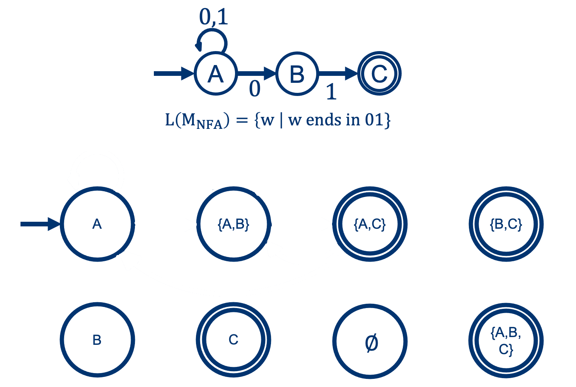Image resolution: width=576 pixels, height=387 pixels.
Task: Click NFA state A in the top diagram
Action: point(215,74)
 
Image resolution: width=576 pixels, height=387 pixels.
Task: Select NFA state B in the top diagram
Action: point(297,74)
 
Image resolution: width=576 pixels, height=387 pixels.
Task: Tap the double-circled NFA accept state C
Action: point(379,74)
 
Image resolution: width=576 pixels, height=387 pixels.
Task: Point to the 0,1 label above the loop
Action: point(214,17)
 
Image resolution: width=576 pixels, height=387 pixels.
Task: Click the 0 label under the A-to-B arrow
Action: point(255,89)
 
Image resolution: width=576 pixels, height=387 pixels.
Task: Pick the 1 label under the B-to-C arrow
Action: point(331,92)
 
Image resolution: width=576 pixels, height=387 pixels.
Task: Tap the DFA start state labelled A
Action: point(97,224)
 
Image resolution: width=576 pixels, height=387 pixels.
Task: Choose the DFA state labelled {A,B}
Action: point(233,224)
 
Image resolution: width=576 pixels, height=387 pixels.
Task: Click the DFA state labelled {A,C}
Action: point(370,224)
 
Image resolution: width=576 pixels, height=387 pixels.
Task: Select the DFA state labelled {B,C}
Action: point(506,224)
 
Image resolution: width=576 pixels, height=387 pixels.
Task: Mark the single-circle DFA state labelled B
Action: point(97,340)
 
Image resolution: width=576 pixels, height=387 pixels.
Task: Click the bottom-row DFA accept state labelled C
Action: point(233,340)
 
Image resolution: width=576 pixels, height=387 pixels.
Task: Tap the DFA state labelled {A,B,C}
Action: point(506,341)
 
